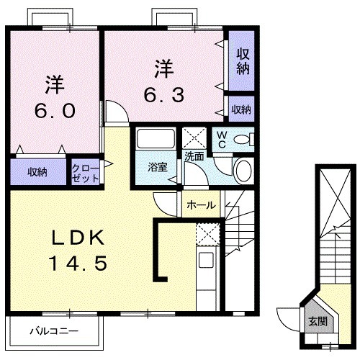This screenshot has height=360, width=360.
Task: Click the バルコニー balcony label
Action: pos(54,332)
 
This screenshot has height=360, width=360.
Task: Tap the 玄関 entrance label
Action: pos(317,321)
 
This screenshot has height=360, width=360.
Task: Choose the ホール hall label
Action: pos(201,204)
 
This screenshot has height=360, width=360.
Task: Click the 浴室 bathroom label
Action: pos(158,167)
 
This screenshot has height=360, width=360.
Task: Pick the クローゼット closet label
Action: pos(85,173)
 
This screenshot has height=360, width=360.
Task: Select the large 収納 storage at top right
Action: pos(242,62)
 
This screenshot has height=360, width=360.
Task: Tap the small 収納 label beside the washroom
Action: pos(241,109)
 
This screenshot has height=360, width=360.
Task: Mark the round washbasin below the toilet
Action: pos(244,170)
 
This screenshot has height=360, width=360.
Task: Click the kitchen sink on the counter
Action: pos(206,261)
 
